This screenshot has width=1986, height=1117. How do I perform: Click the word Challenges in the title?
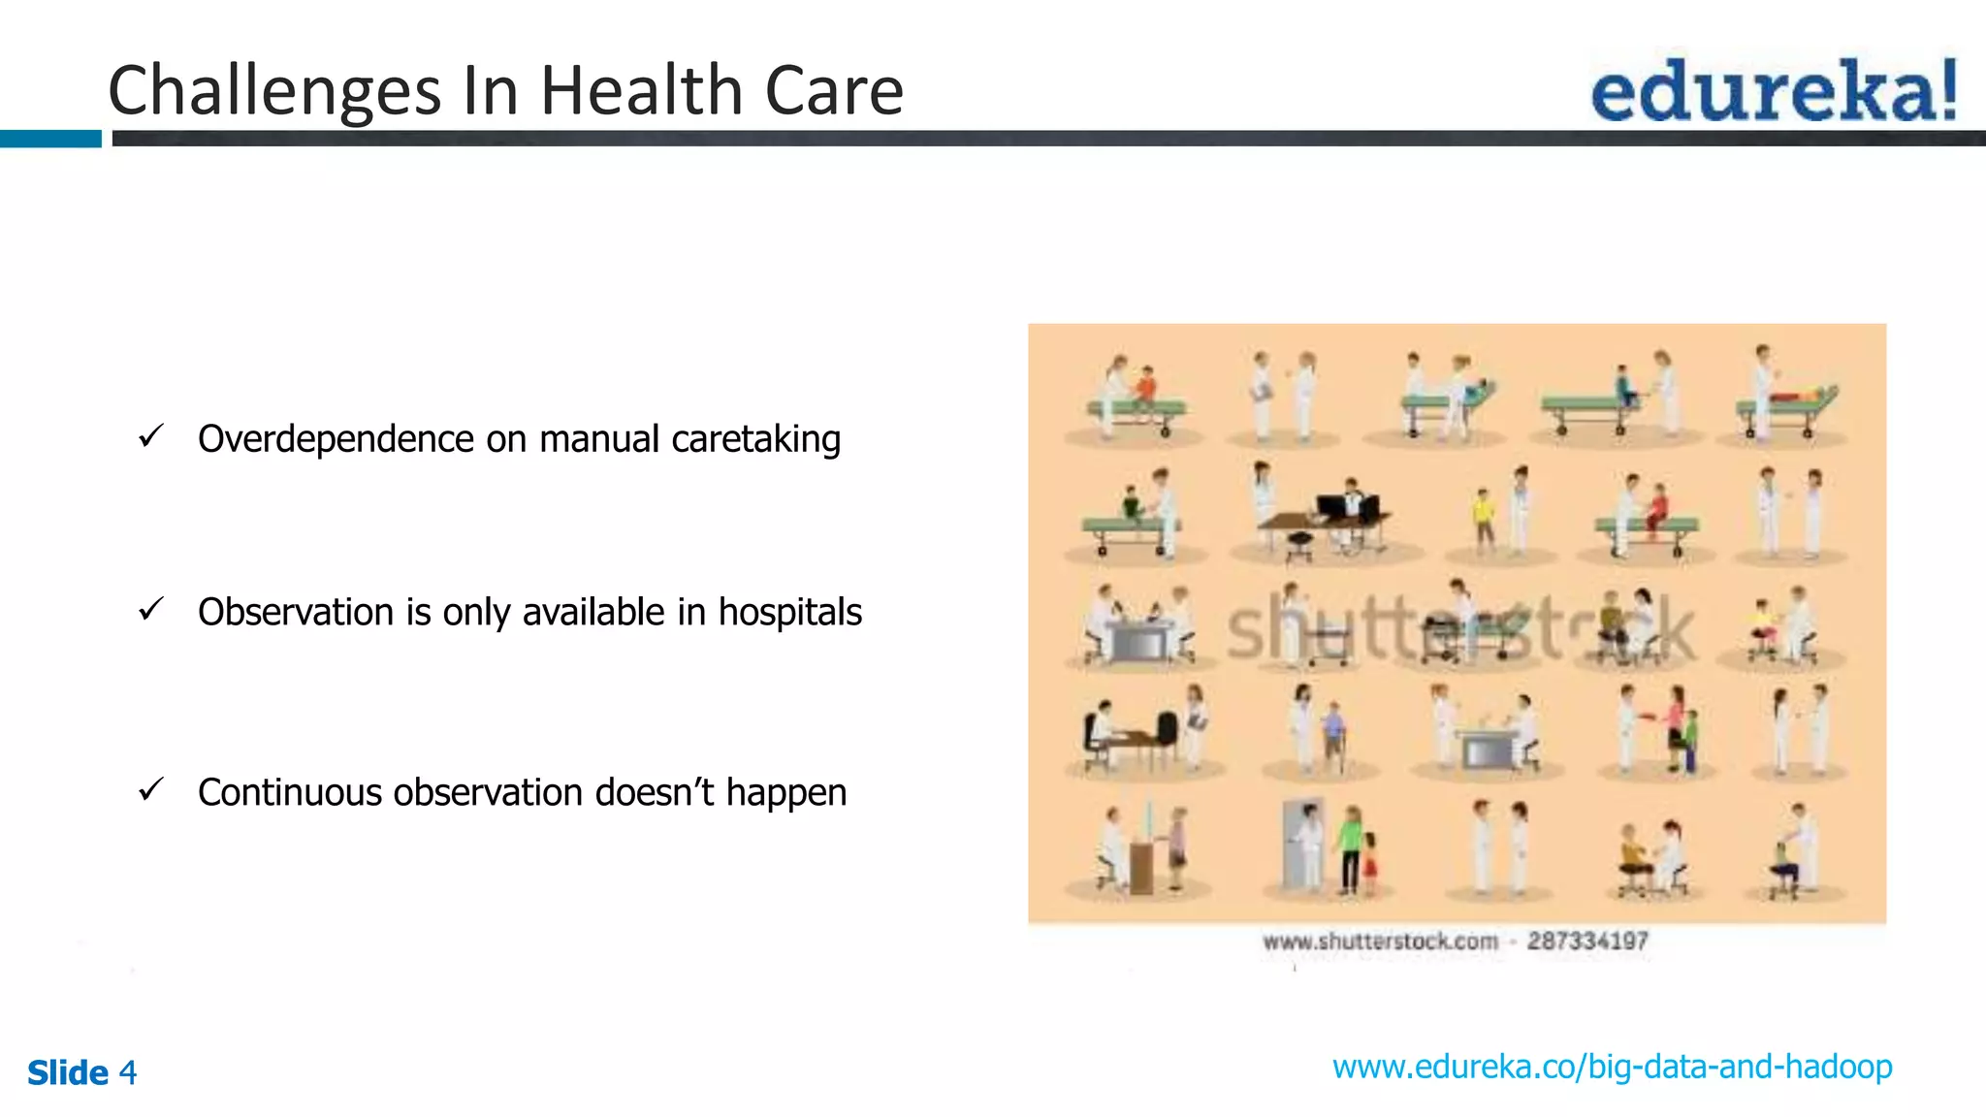(274, 91)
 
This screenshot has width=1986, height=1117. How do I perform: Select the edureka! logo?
(1774, 90)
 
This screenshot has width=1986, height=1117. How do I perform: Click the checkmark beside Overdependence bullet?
(151, 436)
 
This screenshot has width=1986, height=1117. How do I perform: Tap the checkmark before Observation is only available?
(151, 610)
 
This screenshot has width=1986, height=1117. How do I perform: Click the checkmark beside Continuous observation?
(151, 790)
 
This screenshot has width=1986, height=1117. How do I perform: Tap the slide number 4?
(128, 1073)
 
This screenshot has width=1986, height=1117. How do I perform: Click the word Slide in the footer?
(68, 1073)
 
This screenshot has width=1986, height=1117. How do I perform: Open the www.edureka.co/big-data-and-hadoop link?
(1612, 1068)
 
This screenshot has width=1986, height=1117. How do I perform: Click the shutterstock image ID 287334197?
(1587, 941)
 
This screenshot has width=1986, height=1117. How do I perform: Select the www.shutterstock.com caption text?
(1380, 941)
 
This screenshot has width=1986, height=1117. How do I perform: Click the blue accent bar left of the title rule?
(50, 139)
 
